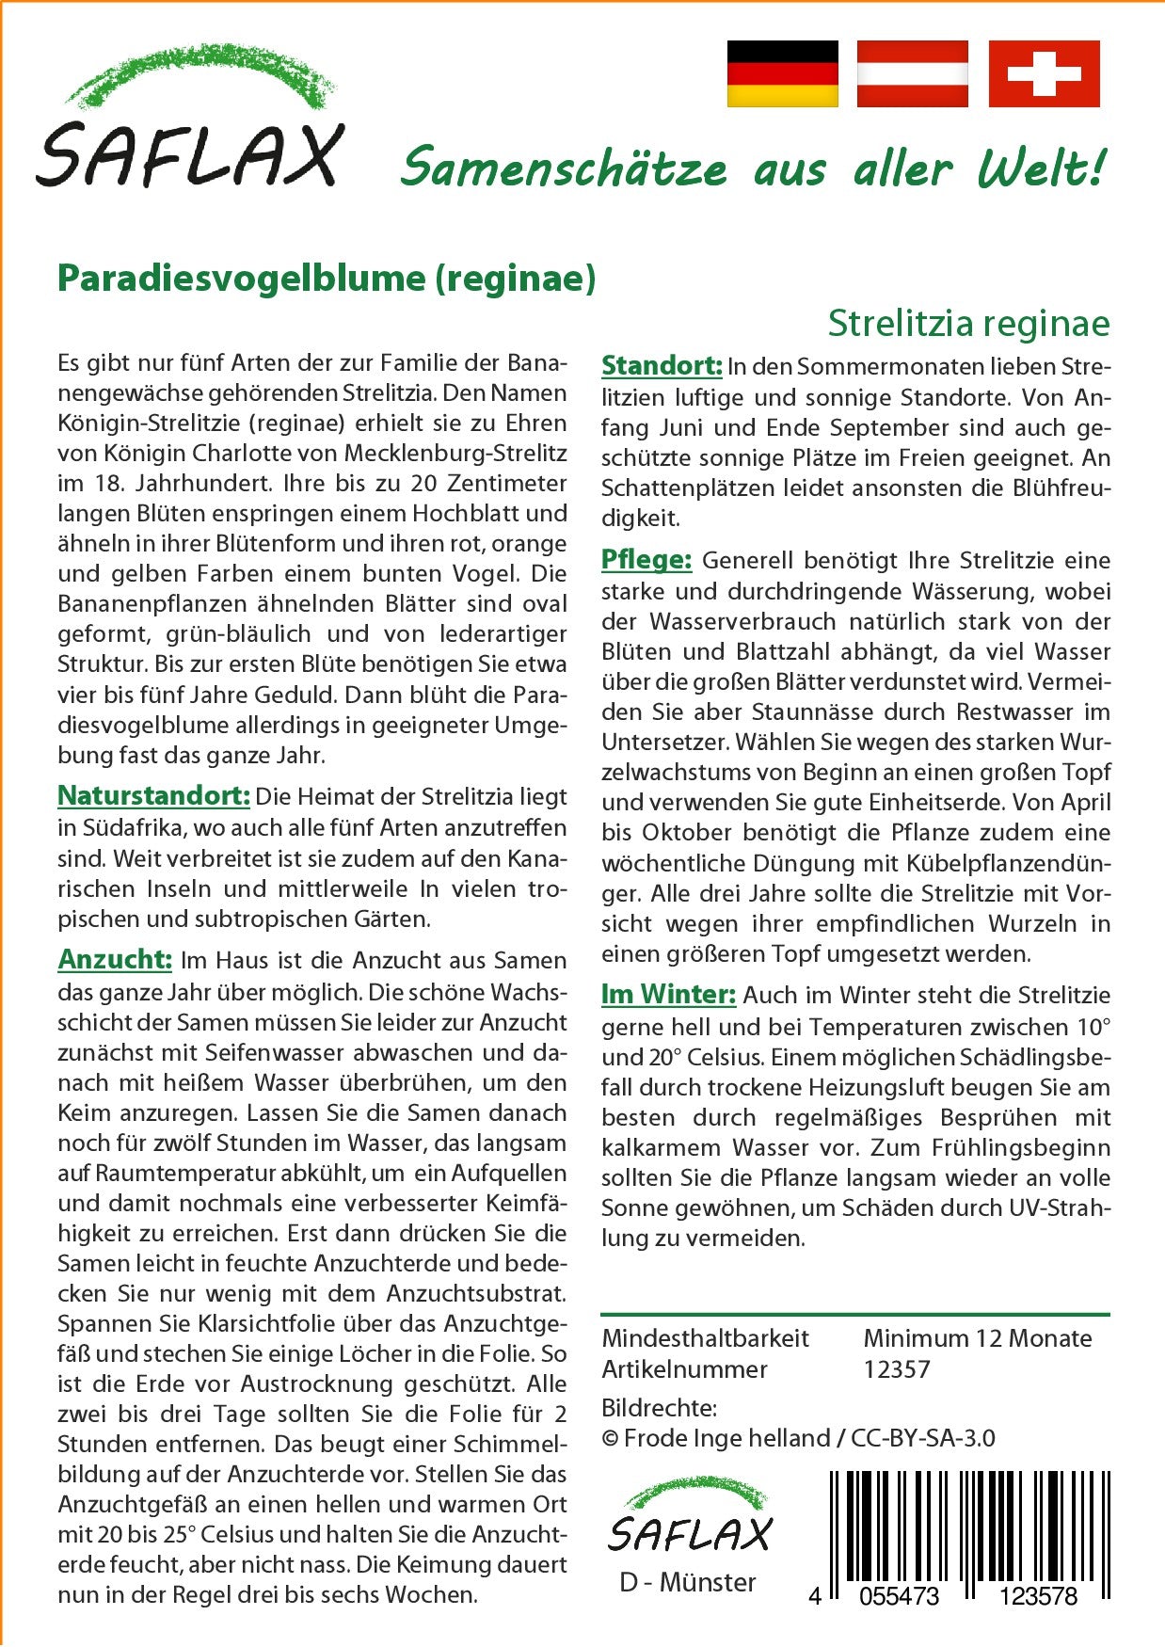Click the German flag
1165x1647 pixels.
(x=782, y=73)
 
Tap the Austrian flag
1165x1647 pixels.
(x=912, y=73)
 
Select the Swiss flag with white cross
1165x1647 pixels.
(x=1044, y=73)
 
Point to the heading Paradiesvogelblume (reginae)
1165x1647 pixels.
(x=327, y=279)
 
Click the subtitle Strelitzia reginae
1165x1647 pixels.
(x=968, y=324)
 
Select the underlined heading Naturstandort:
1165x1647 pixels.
(x=153, y=796)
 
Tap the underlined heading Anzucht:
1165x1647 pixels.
(x=115, y=960)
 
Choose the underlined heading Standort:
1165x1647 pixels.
(x=662, y=366)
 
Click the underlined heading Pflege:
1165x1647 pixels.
(x=646, y=560)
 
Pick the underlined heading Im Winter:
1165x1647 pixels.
(x=668, y=995)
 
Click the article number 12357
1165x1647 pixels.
(x=897, y=1369)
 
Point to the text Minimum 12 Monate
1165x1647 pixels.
(x=978, y=1338)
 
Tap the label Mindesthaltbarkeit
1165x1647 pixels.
(x=705, y=1338)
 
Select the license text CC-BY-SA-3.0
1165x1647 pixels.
(x=922, y=1438)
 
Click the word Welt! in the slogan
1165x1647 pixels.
(x=1041, y=169)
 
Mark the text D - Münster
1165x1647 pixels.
(x=687, y=1582)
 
